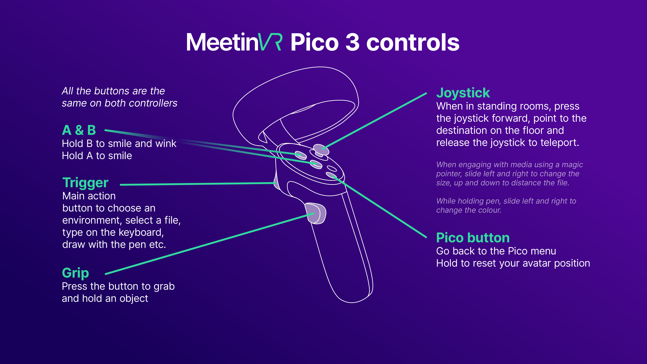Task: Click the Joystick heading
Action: click(463, 93)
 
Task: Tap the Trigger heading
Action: click(85, 183)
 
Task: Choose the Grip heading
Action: click(75, 273)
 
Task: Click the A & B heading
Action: click(79, 130)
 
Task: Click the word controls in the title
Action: click(413, 42)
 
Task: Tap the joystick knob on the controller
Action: click(321, 149)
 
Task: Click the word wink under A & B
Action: click(166, 144)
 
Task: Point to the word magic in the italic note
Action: click(572, 164)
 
